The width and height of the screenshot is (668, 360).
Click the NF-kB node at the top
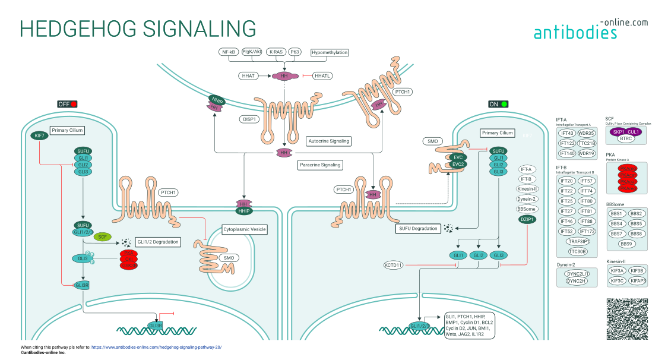coord(229,52)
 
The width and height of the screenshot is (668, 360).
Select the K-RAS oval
coord(276,52)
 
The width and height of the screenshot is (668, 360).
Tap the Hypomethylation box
coord(330,52)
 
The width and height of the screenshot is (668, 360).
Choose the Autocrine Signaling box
coord(328,141)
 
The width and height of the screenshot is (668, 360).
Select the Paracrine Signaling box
coord(320,165)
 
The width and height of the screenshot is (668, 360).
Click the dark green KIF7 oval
coord(40,136)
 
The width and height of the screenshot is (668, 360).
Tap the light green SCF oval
coord(102,236)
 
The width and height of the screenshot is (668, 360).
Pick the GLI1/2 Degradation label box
coord(158,242)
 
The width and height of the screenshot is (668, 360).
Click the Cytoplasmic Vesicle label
coord(244,229)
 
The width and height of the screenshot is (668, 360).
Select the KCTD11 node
coord(393,264)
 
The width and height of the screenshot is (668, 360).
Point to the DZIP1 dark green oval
coord(527,219)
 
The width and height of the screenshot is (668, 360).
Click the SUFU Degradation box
coord(418,228)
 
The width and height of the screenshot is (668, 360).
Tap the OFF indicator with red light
coord(67,104)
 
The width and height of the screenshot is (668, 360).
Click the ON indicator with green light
coord(498,104)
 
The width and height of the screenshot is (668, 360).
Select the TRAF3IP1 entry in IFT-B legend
coord(577,241)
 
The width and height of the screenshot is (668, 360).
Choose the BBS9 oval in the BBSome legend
coord(626,244)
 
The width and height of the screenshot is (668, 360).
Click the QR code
coord(627,319)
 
